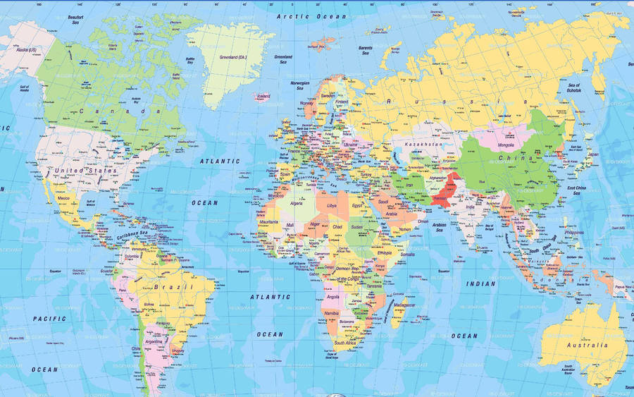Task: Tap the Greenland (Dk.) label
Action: click(x=232, y=56)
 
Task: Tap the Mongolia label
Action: click(x=506, y=145)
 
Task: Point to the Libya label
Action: click(x=332, y=206)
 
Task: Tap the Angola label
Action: click(x=333, y=297)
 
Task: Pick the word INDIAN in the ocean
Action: click(x=482, y=283)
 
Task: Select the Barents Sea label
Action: click(x=366, y=50)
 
